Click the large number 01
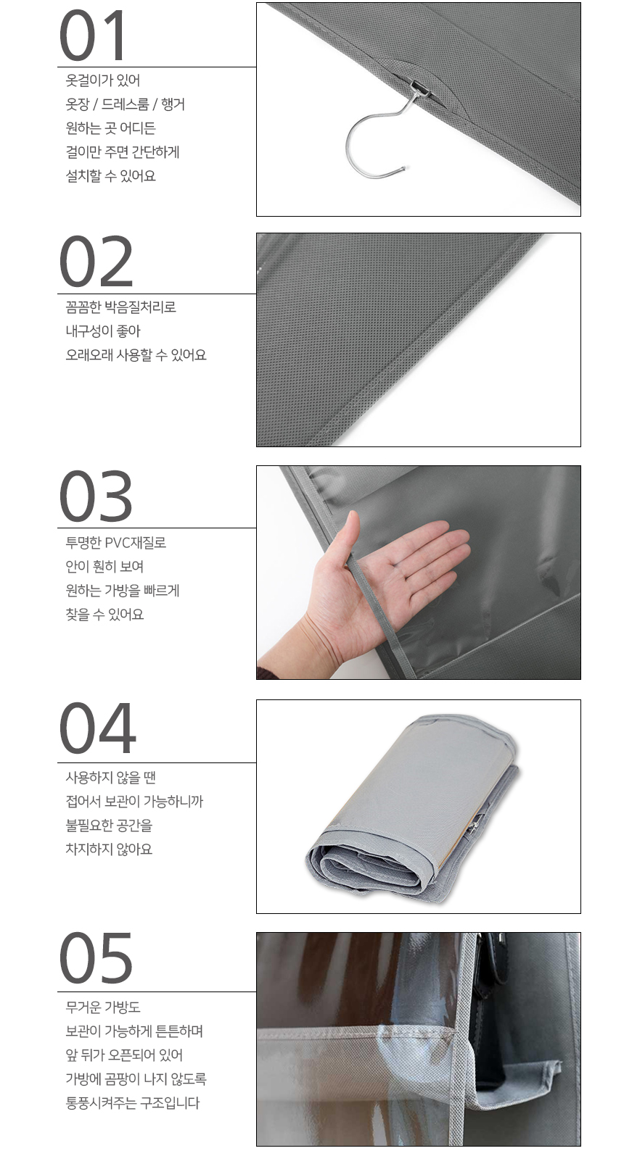click(x=92, y=36)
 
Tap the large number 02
click(x=97, y=262)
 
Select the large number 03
click(x=97, y=496)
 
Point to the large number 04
click(x=97, y=728)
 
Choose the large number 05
click(x=97, y=957)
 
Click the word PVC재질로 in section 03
click(x=136, y=543)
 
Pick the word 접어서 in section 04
click(x=83, y=802)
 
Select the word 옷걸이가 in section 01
click(x=89, y=80)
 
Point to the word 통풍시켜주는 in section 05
click(x=102, y=1103)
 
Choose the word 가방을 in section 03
click(x=122, y=591)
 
